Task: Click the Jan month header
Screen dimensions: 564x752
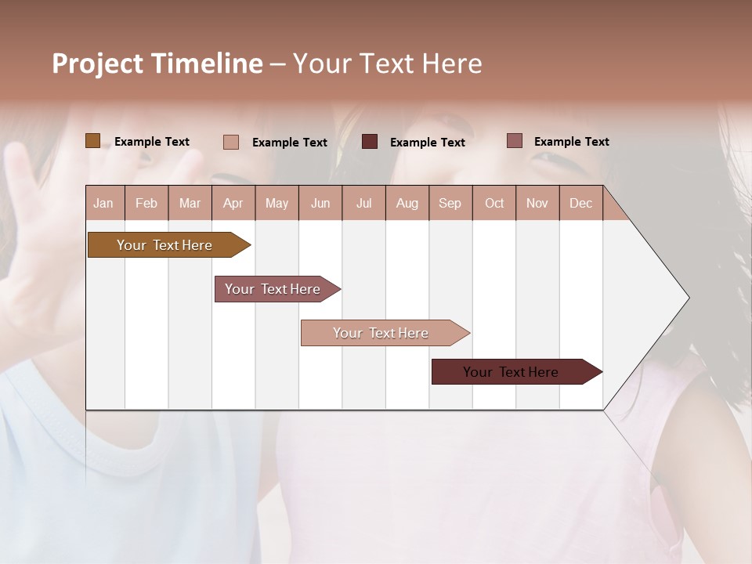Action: point(104,203)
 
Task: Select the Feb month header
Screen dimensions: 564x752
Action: point(146,203)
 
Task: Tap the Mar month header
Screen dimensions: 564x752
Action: point(190,203)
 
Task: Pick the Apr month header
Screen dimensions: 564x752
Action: point(233,203)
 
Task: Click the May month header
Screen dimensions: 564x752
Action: point(277,203)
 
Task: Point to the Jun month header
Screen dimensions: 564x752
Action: point(320,203)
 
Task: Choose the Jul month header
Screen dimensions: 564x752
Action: point(363,203)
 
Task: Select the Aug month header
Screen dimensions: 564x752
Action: point(407,203)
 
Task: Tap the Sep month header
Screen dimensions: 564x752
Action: point(450,203)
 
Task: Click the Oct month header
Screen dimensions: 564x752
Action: point(494,203)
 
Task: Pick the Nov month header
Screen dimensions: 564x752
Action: point(537,203)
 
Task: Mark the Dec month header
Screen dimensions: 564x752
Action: point(580,203)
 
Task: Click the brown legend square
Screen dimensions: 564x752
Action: point(93,141)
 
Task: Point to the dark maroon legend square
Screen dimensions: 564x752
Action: point(370,142)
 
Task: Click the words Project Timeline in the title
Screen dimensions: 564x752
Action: point(157,63)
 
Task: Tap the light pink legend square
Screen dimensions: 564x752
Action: point(231,142)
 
